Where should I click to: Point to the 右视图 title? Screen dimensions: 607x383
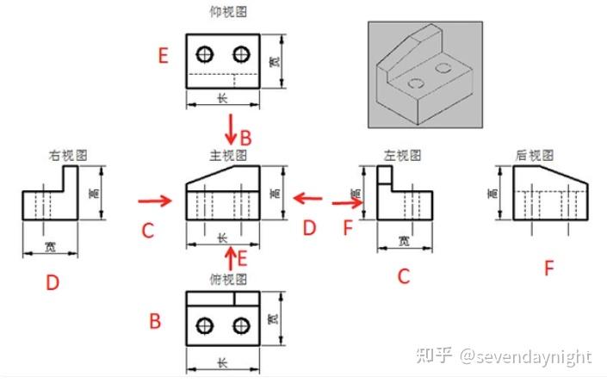(66, 156)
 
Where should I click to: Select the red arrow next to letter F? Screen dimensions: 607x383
(347, 204)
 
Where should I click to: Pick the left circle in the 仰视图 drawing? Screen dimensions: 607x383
(205, 55)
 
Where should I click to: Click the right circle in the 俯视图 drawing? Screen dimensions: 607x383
(241, 325)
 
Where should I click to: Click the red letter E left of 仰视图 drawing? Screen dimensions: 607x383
(163, 57)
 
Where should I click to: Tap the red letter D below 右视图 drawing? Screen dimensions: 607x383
(53, 281)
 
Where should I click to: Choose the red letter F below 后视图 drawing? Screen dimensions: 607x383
(548, 269)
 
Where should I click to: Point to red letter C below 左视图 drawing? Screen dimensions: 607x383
(403, 276)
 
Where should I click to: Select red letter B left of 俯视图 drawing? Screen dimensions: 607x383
(155, 322)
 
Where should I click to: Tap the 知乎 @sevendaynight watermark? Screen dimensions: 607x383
(505, 356)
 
